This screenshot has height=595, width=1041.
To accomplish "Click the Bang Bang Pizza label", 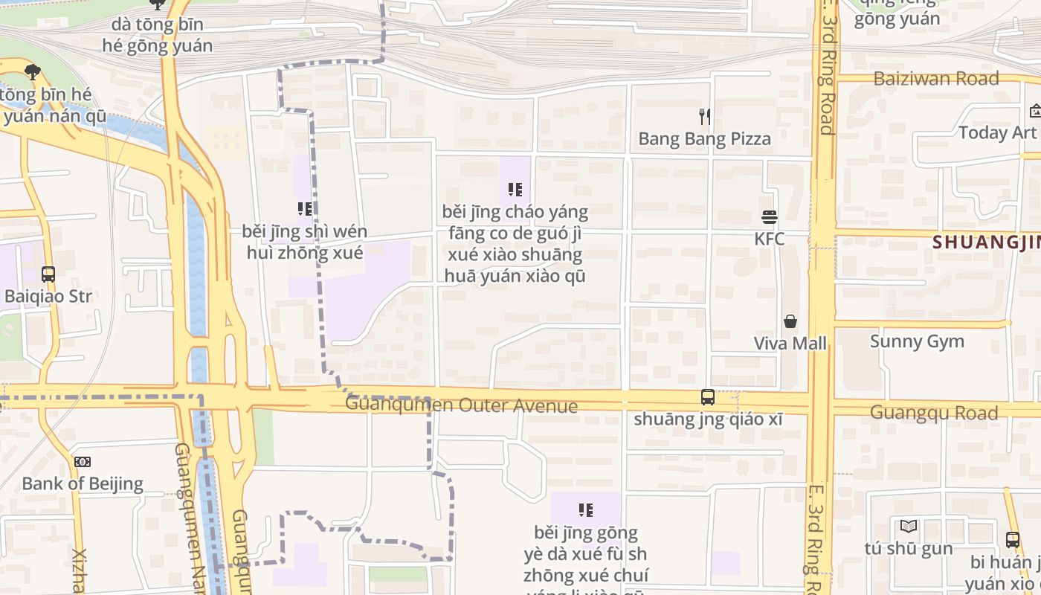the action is tap(704, 139).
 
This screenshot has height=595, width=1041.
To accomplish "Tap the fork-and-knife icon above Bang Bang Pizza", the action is tap(704, 116).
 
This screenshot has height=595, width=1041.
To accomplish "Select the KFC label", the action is tap(769, 239).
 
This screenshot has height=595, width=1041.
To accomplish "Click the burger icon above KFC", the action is tap(769, 217).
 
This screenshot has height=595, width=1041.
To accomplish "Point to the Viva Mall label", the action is tap(790, 344).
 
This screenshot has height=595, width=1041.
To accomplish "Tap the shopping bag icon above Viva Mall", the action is tap(790, 321).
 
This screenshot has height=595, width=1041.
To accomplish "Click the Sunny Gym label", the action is tap(917, 341).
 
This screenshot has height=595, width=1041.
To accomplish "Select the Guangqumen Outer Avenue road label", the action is tap(461, 405).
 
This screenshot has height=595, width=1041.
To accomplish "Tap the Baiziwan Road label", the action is tap(935, 79).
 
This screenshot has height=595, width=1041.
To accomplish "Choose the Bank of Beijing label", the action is tap(83, 483).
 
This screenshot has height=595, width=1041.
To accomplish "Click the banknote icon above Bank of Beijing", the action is tap(83, 462).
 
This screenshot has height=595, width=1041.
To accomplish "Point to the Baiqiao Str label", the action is tap(48, 297).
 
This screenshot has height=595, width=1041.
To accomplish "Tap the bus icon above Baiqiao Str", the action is tap(48, 274).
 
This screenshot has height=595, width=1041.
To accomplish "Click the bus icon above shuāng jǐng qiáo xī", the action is tap(708, 397).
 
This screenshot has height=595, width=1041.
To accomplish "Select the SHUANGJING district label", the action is tap(986, 242).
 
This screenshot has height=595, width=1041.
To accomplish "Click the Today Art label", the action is tap(997, 133).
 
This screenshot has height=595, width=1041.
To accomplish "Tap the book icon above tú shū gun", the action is tap(909, 527).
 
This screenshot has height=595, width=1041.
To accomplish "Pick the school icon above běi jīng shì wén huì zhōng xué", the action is tap(305, 209).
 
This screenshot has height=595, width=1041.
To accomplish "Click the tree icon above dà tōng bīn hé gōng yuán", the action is tap(157, 4).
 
